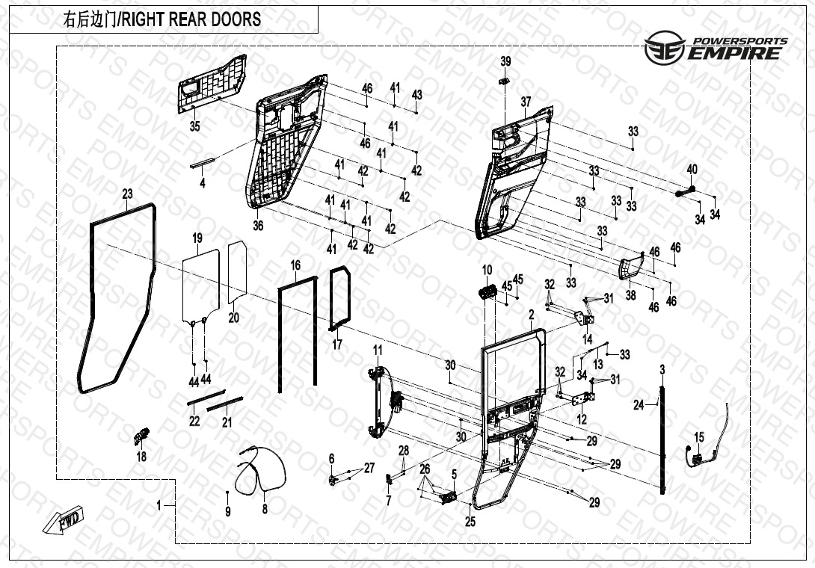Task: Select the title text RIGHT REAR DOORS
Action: click(163, 19)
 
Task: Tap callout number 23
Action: click(127, 194)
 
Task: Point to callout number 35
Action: click(194, 127)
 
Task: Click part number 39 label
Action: click(505, 61)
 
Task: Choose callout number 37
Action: click(526, 102)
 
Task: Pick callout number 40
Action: click(692, 170)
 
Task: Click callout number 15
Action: click(699, 436)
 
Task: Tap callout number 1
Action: click(159, 506)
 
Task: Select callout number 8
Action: click(264, 510)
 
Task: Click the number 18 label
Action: click(141, 457)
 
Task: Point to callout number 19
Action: click(197, 238)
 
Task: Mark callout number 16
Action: click(296, 265)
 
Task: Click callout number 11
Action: click(378, 350)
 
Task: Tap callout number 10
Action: click(487, 270)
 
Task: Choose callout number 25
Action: click(470, 522)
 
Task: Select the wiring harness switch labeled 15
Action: click(695, 457)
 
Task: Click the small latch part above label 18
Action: click(141, 434)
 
